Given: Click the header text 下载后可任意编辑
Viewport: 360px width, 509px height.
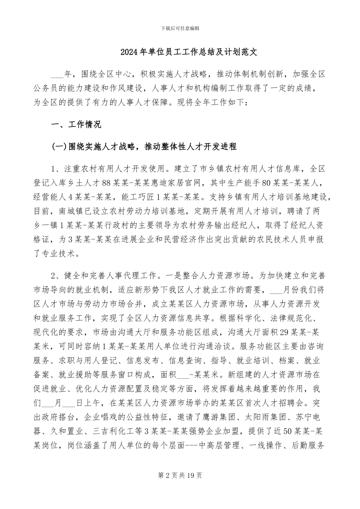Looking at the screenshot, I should coord(180,28).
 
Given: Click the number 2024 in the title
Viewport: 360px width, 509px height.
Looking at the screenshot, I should coord(129,52).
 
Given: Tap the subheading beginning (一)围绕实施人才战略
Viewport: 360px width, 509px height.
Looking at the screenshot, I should coord(144,147).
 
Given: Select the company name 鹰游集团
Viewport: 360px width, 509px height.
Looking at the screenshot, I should coord(219,417).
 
